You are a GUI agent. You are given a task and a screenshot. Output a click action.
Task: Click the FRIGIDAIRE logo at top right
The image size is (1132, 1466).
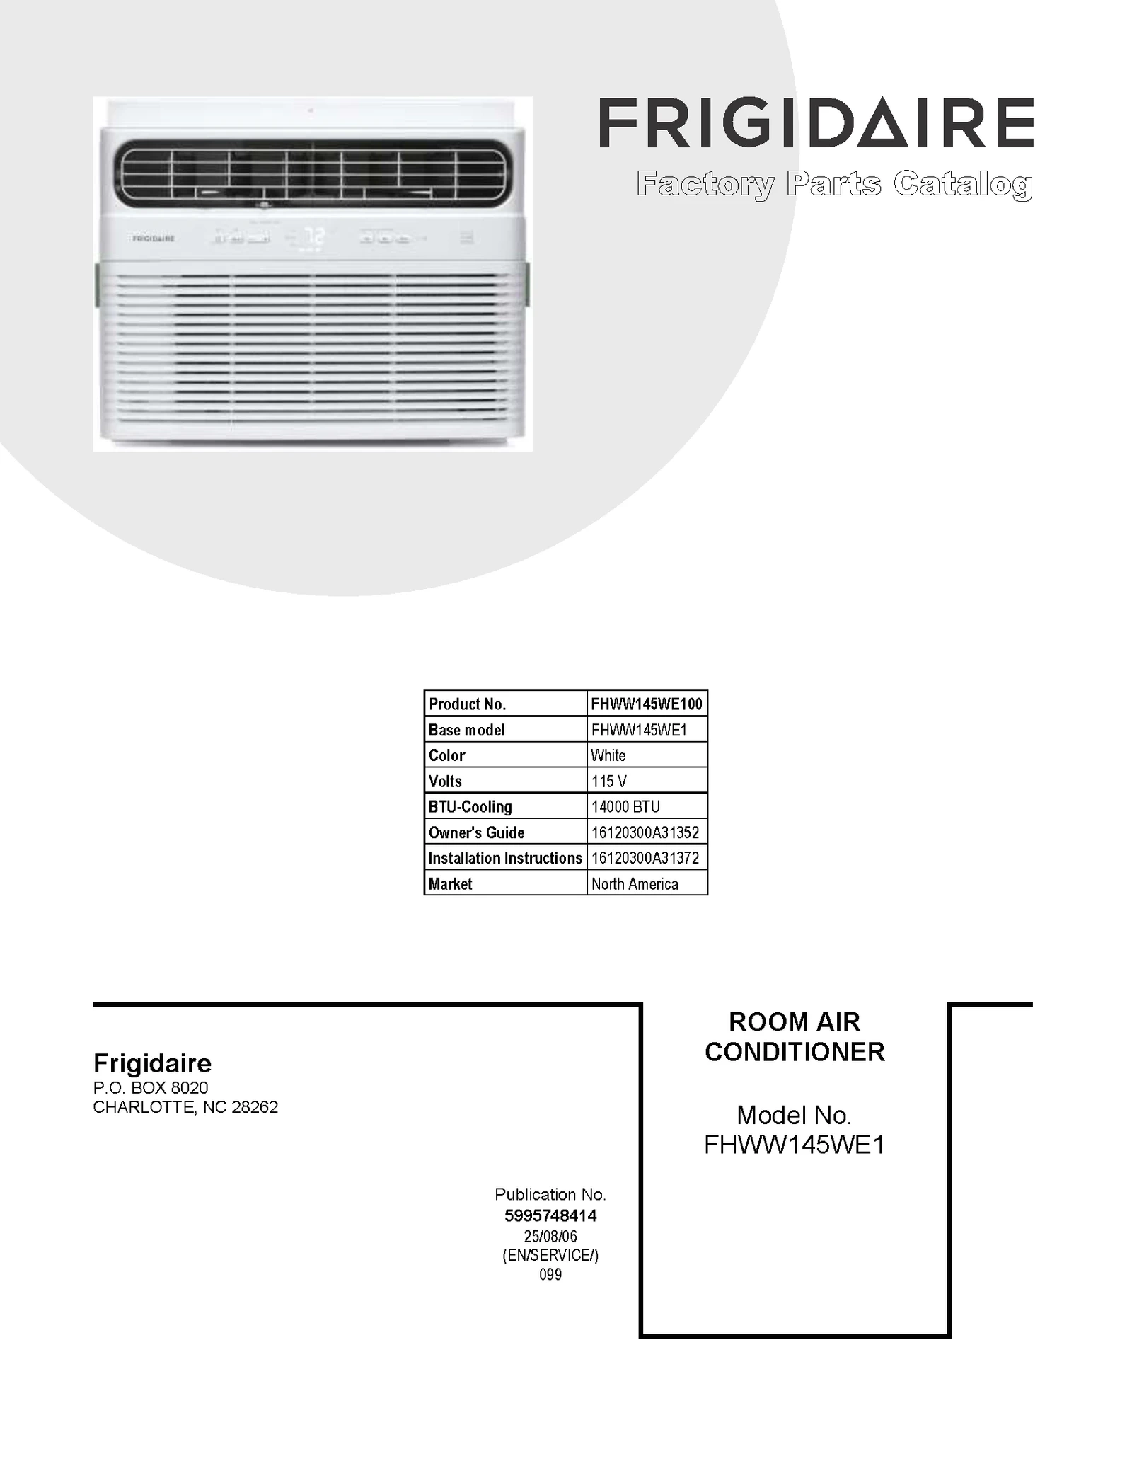click(816, 123)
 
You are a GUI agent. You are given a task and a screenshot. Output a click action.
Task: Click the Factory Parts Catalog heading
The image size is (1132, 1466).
click(834, 184)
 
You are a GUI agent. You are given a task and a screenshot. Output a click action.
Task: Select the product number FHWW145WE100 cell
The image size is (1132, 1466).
click(647, 704)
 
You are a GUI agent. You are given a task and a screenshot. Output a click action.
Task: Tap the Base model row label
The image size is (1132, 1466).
click(467, 730)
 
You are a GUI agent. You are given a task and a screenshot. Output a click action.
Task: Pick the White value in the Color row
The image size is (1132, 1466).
click(608, 755)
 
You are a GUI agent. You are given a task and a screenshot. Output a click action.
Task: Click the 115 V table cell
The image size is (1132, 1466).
click(609, 781)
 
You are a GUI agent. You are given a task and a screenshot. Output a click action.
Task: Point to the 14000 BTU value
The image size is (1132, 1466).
click(625, 807)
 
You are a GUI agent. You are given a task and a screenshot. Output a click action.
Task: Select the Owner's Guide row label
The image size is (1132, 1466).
click(476, 832)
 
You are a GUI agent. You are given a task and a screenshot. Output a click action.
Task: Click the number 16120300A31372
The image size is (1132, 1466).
click(645, 858)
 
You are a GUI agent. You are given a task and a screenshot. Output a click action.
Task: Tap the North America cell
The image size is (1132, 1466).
click(635, 884)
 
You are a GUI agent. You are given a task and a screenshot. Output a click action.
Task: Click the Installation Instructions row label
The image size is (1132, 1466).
click(505, 858)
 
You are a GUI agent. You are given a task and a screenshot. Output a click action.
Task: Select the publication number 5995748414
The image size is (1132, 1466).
click(550, 1216)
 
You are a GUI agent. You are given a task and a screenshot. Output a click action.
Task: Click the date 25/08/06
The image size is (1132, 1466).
click(550, 1237)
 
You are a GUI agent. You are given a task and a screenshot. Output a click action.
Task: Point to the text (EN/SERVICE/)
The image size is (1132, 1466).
click(550, 1256)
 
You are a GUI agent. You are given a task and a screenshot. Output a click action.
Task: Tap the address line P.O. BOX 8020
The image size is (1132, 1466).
click(151, 1088)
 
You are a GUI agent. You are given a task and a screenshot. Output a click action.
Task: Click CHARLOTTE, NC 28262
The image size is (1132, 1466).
click(185, 1107)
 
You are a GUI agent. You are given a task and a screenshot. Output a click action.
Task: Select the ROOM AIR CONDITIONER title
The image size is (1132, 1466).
click(795, 1037)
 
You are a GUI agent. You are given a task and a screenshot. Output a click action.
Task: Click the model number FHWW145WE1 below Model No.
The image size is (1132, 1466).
click(795, 1145)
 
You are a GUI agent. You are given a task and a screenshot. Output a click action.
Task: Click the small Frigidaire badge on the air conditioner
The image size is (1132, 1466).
click(153, 239)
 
